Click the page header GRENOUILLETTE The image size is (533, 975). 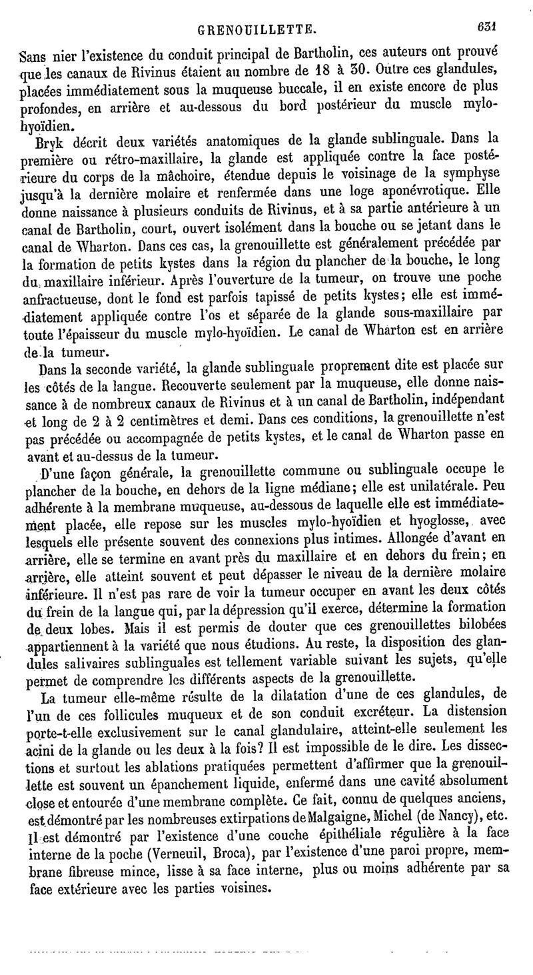(259, 29)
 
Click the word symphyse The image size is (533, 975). (485, 174)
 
